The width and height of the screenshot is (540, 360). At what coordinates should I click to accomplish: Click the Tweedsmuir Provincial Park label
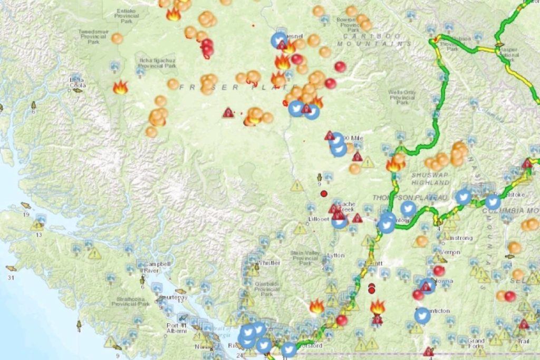pos(93,34)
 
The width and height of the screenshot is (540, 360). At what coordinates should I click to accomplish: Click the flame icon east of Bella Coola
pos(120,87)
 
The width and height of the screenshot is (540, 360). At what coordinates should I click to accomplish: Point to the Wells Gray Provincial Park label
pos(402,97)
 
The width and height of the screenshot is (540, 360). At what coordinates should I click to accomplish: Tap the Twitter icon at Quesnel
pos(279,40)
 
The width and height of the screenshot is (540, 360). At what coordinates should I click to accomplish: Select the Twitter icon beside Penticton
pos(422,315)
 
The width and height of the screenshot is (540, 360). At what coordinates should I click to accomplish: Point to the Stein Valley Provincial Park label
pos(305,256)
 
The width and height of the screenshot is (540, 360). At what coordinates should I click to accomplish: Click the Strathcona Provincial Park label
pos(131,301)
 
